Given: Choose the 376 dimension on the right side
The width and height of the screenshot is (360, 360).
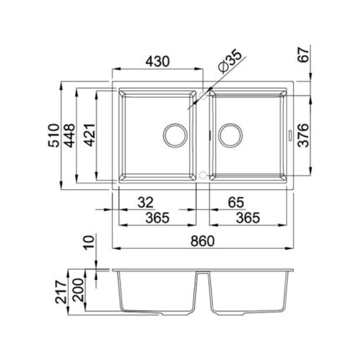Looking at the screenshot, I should click(x=305, y=131).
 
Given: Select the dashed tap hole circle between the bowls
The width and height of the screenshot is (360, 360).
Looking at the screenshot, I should click(x=201, y=174).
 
